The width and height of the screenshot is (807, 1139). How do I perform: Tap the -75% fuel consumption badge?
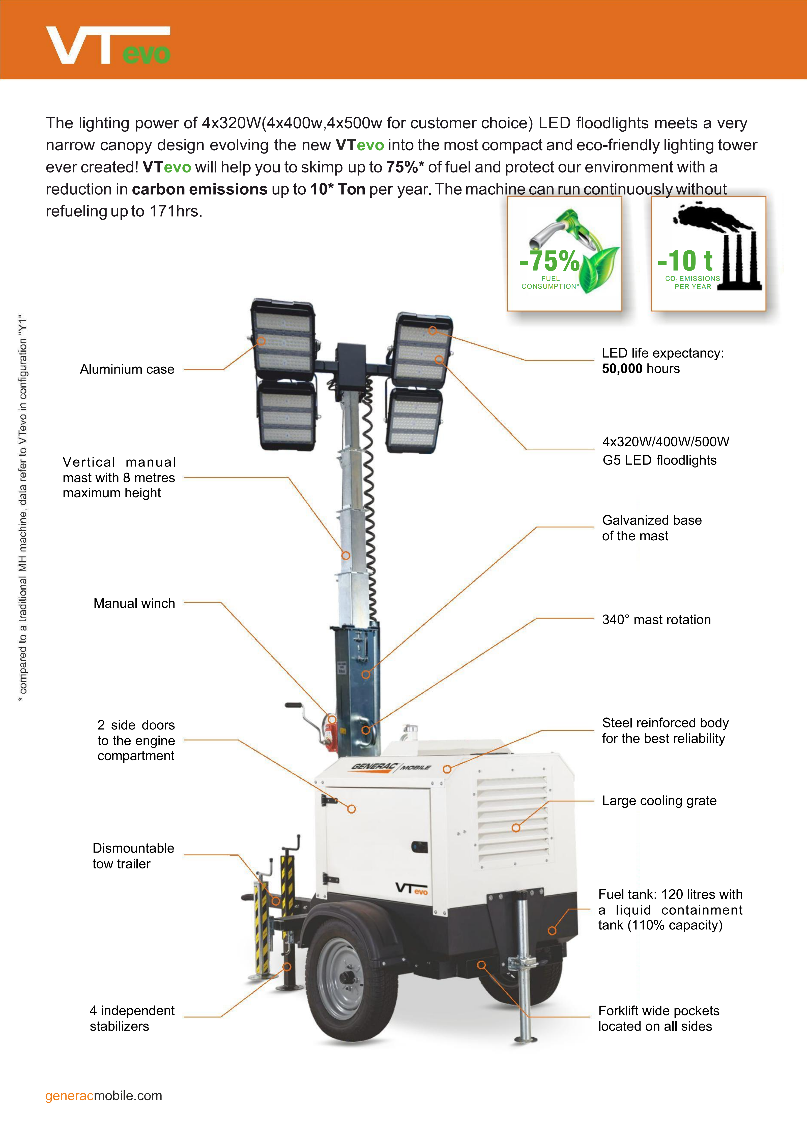[564, 254]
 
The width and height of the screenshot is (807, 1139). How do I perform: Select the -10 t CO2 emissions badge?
[709, 254]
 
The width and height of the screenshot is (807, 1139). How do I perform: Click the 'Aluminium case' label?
[127, 370]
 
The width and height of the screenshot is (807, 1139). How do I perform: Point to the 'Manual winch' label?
[134, 603]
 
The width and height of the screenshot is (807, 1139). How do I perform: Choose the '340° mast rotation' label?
[656, 620]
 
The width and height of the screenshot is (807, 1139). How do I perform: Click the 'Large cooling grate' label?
[659, 801]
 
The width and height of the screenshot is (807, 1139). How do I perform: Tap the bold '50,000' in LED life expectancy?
[622, 369]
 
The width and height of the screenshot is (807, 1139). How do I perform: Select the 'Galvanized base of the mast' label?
[652, 528]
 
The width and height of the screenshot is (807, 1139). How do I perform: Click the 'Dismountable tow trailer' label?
[133, 856]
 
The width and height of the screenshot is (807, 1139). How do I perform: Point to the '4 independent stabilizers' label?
[132, 1018]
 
